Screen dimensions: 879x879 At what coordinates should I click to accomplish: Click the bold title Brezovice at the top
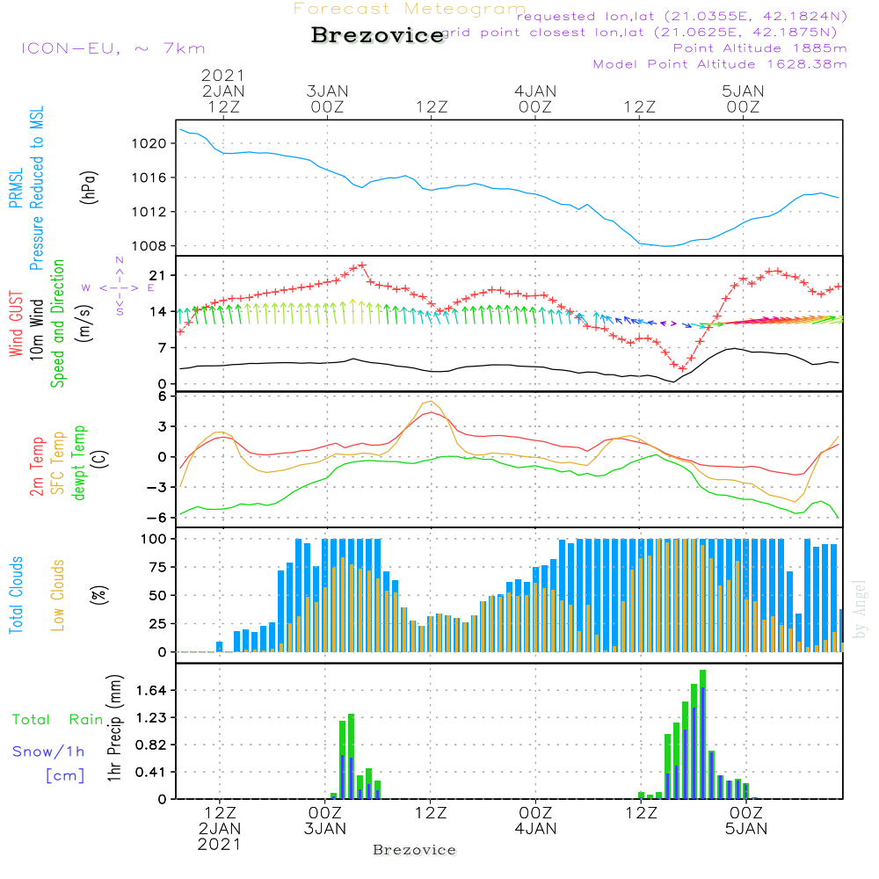pyautogui.click(x=377, y=36)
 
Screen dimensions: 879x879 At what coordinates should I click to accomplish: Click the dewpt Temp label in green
pyautogui.click(x=79, y=463)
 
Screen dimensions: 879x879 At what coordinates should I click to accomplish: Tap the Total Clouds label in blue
pyautogui.click(x=16, y=595)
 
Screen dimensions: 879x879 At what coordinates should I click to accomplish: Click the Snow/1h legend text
pyautogui.click(x=49, y=752)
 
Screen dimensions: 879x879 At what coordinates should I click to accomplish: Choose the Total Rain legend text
pyautogui.click(x=58, y=720)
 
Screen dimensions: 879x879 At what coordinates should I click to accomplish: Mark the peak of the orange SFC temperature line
pyautogui.click(x=432, y=402)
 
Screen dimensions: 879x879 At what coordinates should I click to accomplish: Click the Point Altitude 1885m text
pyautogui.click(x=759, y=48)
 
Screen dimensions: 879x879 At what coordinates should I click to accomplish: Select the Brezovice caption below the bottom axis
pyautogui.click(x=415, y=850)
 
